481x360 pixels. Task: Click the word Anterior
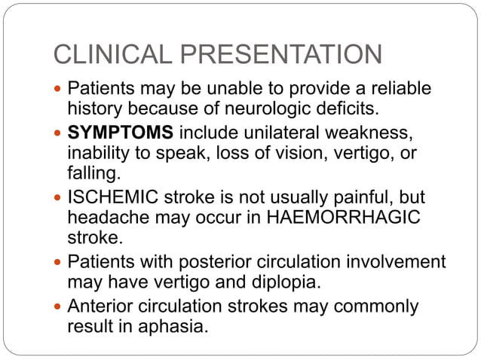pyautogui.click(x=100, y=307)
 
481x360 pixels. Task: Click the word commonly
pyautogui.click(x=373, y=307)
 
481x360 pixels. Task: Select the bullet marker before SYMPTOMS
pyautogui.click(x=58, y=134)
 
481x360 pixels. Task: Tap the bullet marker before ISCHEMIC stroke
pyautogui.click(x=58, y=198)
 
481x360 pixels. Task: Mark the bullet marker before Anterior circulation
pyautogui.click(x=58, y=307)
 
